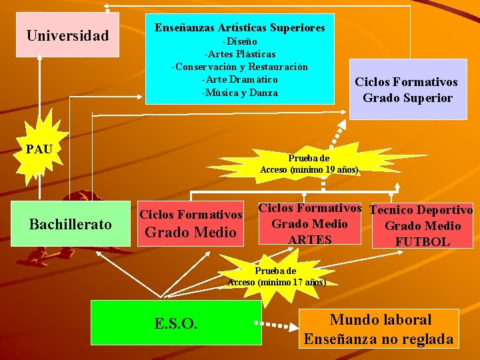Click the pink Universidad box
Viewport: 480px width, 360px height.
coord(67,35)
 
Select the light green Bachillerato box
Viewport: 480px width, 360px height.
coord(71,224)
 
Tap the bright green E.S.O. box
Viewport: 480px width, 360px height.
coord(175,323)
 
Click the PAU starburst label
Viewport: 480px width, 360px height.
coord(39,148)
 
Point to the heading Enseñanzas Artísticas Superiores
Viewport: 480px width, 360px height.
coord(240,28)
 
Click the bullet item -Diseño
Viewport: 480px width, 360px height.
coord(240,41)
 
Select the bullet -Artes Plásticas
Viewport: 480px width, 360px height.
coord(240,54)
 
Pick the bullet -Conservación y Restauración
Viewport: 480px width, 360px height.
coord(240,67)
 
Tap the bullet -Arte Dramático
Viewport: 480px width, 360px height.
coord(240,79)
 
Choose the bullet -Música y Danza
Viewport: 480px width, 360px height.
coord(240,93)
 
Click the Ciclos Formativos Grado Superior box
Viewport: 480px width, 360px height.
coord(407,89)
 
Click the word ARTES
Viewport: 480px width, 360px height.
coord(310,239)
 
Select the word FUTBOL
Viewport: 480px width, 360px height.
coord(422,241)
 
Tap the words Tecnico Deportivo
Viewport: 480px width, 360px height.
coord(421,211)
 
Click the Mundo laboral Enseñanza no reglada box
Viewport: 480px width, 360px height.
coord(379,329)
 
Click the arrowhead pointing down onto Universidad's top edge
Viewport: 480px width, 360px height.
coord(107,9)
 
